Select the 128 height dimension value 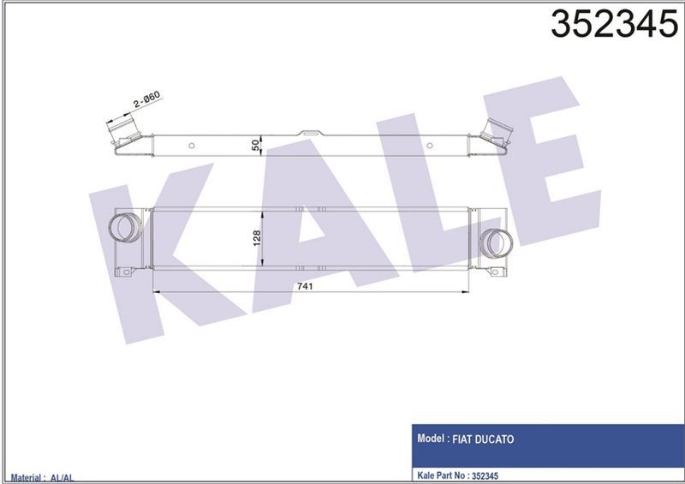pyautogui.click(x=255, y=238)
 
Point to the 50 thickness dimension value pyautogui.click(x=255, y=145)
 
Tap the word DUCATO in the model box pyautogui.click(x=515, y=438)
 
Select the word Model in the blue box pyautogui.click(x=432, y=438)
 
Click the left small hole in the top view pyautogui.click(x=193, y=146)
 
